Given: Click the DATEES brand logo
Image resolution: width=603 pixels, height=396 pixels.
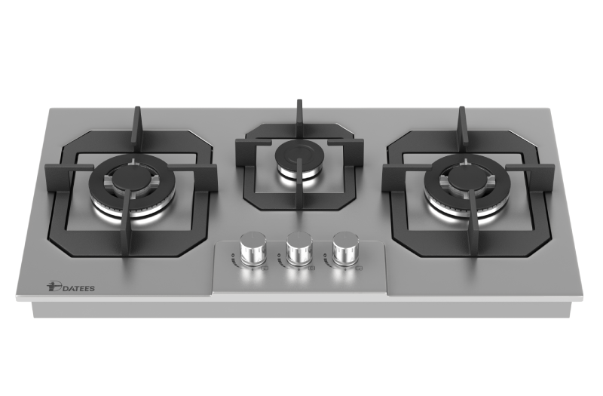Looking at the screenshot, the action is [70, 287].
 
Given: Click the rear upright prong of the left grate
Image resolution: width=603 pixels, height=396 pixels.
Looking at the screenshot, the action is [137, 130].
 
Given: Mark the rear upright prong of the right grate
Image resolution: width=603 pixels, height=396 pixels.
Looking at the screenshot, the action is [462, 130].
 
